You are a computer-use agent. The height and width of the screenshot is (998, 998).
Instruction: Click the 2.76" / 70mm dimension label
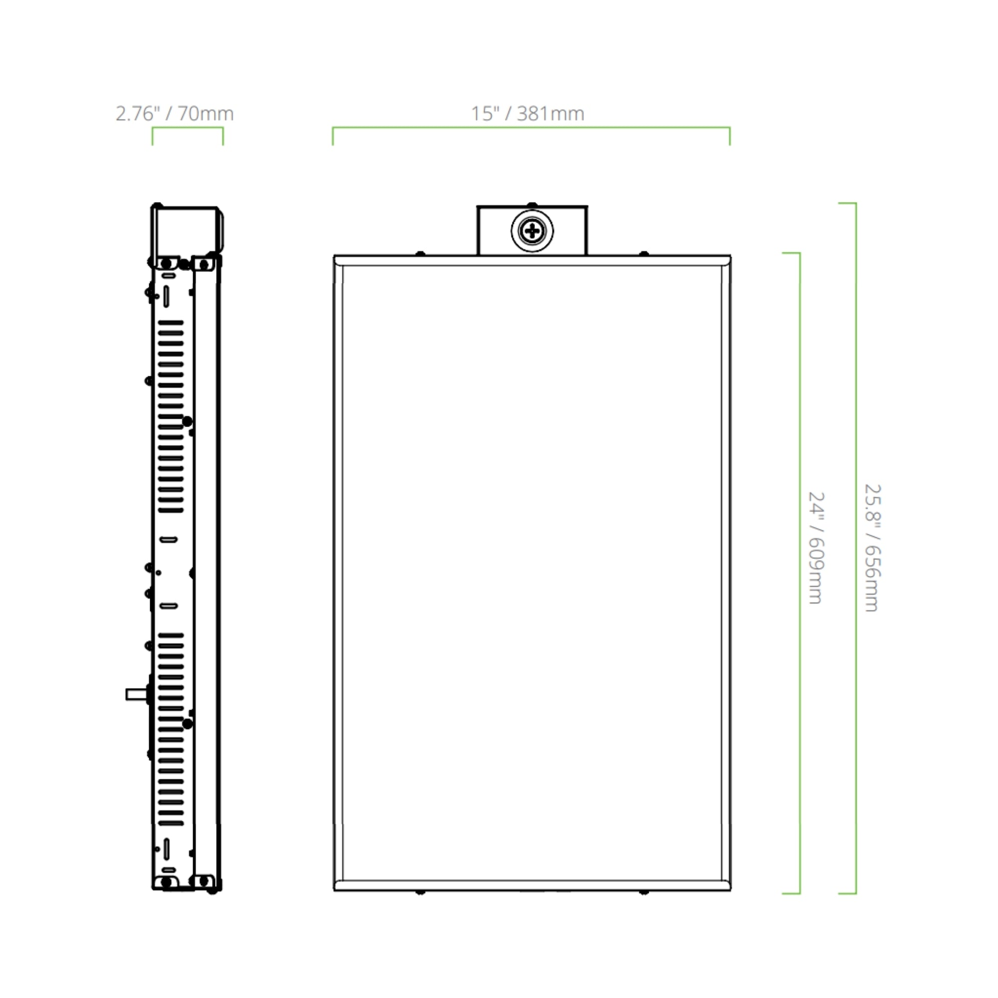coord(175,114)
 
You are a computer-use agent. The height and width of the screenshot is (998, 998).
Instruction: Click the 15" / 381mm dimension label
coord(527,114)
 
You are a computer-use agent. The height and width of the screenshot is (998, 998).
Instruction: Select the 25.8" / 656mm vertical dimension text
coord(872,547)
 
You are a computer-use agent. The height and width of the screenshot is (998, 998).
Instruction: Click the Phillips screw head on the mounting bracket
coord(532,231)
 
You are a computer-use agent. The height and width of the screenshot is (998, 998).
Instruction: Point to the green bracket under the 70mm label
coord(188,128)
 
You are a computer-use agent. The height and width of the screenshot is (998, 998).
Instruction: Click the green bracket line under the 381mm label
coord(531,127)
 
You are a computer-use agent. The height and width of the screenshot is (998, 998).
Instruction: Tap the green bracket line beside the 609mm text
coord(799,573)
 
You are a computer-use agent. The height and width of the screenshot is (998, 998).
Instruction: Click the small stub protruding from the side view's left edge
coord(135,694)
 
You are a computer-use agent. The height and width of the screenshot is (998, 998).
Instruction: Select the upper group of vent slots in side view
coord(171,416)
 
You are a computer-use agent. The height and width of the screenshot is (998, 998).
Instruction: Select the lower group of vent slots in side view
coord(171,729)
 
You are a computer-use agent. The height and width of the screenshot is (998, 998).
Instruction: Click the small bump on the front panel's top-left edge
coord(421,253)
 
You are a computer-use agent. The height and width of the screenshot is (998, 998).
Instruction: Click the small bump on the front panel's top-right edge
coord(644,253)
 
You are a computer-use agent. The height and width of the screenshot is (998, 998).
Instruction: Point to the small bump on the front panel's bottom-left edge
coord(420,892)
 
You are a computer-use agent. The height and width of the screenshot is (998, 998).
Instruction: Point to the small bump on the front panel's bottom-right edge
coord(644,892)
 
